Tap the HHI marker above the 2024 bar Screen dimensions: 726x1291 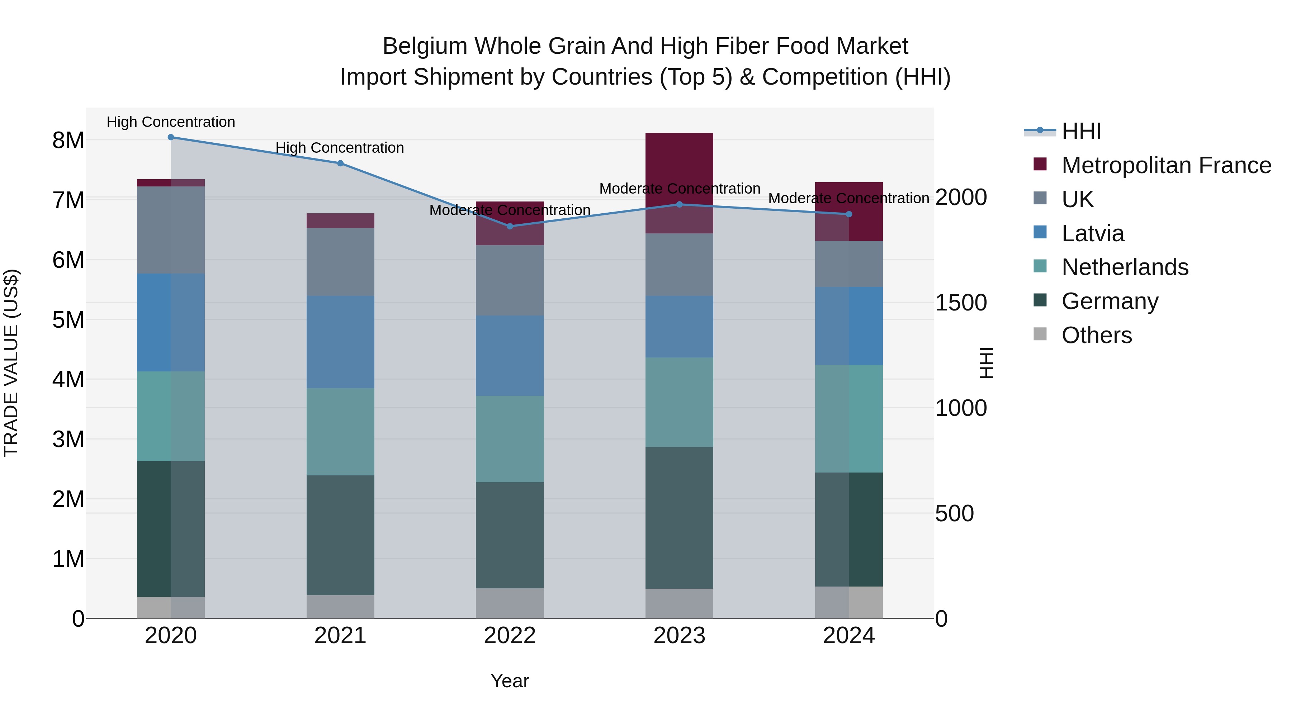point(849,214)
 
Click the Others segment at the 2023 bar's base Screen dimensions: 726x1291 point(679,603)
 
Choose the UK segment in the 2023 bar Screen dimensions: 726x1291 point(679,265)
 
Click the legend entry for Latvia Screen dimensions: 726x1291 point(1093,233)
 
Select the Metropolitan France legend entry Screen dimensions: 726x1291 point(1166,165)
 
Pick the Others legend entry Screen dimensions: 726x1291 point(1097,335)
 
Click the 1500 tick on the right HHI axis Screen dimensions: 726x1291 point(961,303)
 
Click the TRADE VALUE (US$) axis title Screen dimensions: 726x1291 point(11,363)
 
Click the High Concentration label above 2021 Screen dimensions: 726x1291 point(340,148)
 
